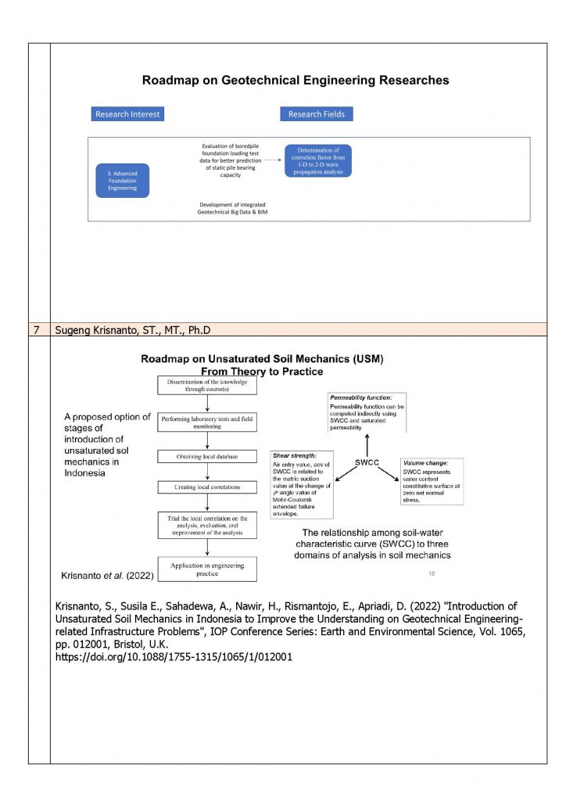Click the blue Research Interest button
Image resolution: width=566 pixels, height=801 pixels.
pos(127,114)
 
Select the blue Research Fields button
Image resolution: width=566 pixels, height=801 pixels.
pos(316,114)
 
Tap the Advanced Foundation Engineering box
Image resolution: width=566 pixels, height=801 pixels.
pos(122,180)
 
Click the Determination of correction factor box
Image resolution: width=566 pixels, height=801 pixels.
pos(317,160)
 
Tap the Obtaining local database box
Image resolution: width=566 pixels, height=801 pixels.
pos(207,456)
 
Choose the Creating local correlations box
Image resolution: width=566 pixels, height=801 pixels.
pos(207,487)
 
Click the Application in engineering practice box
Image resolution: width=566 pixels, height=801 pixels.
pos(207,569)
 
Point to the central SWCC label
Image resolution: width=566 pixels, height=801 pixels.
pos(367,462)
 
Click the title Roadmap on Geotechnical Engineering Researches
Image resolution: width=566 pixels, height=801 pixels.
pos(296,80)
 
